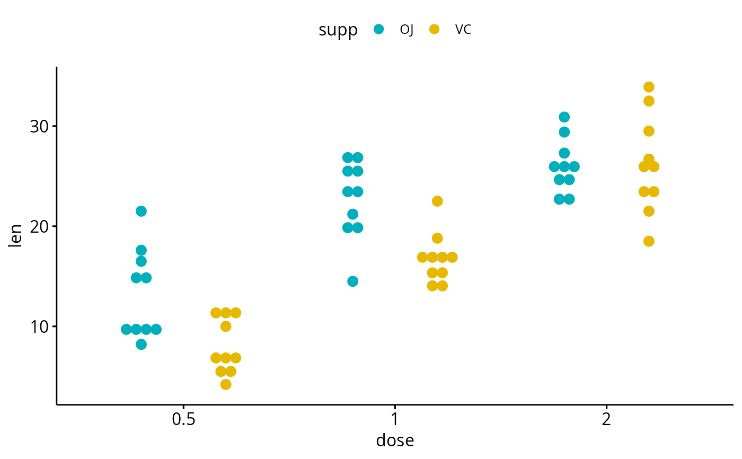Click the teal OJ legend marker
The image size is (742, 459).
(378, 30)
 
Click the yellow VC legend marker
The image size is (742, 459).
(434, 30)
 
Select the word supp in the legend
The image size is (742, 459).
(338, 30)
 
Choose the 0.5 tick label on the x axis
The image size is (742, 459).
(183, 420)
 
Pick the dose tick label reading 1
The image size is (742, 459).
(394, 420)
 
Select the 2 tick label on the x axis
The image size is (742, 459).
(606, 420)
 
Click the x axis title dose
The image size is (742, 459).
(395, 440)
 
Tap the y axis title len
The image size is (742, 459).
(16, 236)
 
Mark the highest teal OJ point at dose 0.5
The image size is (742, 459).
(141, 211)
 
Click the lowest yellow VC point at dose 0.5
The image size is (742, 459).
(226, 384)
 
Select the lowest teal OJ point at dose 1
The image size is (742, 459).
(352, 281)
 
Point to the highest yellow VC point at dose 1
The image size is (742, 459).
(437, 201)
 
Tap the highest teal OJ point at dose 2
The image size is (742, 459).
(564, 117)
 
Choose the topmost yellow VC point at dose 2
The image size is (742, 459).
(649, 87)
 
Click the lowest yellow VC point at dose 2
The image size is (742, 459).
(649, 241)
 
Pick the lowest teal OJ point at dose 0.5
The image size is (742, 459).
(141, 344)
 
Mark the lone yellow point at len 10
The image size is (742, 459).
(226, 326)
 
